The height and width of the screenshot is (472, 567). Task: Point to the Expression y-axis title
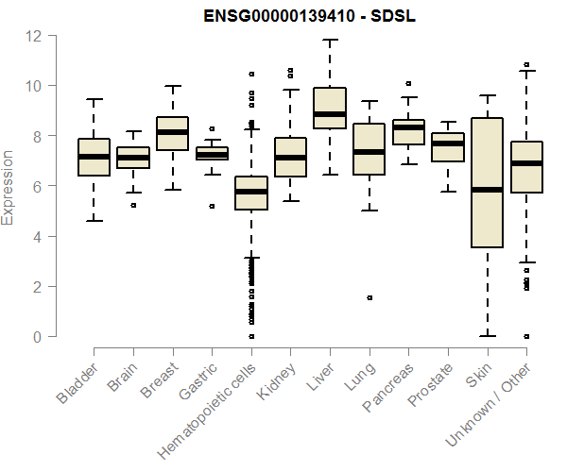pos(9,187)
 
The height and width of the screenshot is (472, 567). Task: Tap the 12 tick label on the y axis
pos(34,36)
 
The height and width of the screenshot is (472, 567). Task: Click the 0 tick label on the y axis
pos(39,336)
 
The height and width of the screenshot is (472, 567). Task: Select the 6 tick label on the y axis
pos(39,186)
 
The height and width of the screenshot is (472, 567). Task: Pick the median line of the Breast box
pos(172,132)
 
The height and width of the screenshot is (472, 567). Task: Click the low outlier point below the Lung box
pos(369,297)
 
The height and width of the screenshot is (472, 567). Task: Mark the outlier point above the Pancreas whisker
pos(408,84)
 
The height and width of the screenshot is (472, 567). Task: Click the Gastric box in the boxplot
pos(212,153)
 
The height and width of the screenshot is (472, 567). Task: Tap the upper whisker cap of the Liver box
pos(329,41)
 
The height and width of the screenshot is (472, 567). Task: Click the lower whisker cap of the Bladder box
pos(94,221)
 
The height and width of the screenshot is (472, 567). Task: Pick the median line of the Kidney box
pos(290,158)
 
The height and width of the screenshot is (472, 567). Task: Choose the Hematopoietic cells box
pos(250,193)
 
